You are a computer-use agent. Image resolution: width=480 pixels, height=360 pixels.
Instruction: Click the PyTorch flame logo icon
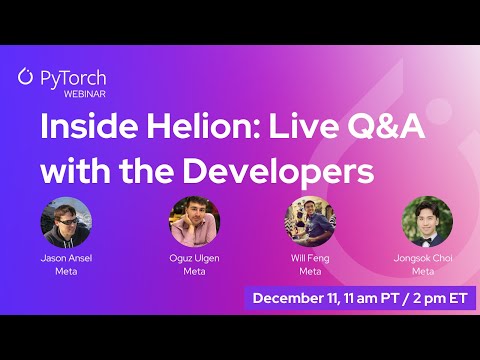(26, 76)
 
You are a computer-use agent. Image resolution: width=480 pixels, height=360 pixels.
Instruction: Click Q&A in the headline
(347, 130)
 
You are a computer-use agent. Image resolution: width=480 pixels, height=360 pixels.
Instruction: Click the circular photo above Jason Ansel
(66, 221)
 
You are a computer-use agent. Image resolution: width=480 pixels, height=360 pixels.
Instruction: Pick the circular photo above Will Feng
(310, 221)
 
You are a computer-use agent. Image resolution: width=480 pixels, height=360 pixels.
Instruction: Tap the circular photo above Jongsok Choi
(426, 221)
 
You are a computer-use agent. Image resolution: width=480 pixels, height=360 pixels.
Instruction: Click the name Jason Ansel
(66, 258)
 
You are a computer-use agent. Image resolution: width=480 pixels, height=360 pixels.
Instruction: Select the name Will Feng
(310, 258)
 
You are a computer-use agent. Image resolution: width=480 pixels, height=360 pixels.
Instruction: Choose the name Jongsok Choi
(424, 258)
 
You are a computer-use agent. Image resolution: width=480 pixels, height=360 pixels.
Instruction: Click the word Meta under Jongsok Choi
(424, 270)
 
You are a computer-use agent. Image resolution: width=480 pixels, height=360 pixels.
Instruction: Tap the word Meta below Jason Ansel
(66, 270)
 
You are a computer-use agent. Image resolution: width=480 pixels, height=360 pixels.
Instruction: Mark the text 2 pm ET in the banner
(436, 298)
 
